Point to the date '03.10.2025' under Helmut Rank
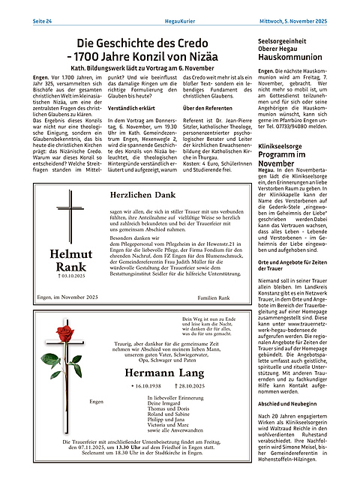point(68,277)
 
